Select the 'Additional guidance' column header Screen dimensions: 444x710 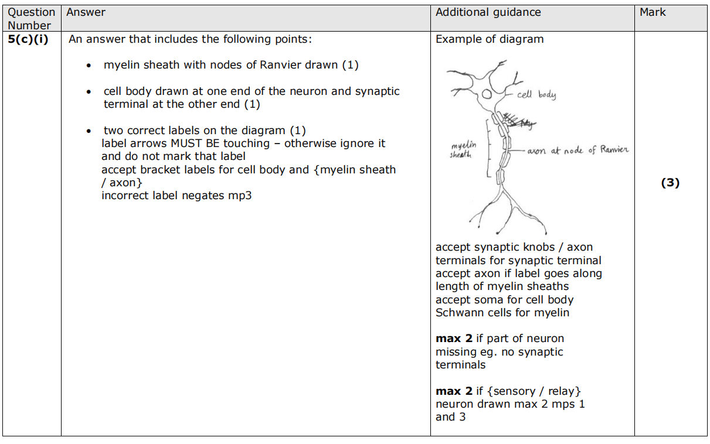click(488, 12)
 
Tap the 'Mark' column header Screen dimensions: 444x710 click(653, 12)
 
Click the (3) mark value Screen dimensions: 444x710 click(670, 183)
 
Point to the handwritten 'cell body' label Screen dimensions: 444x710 click(536, 94)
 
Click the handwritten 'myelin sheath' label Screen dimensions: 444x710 click(464, 149)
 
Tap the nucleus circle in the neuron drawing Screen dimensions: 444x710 click(487, 94)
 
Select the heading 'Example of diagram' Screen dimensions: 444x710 click(490, 39)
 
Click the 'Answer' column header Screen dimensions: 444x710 click(86, 12)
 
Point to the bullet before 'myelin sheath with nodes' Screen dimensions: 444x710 click(88, 66)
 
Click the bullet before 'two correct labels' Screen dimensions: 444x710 click(88, 131)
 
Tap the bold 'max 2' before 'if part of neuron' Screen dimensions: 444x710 click(454, 339)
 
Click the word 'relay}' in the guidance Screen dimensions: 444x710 click(563, 391)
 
